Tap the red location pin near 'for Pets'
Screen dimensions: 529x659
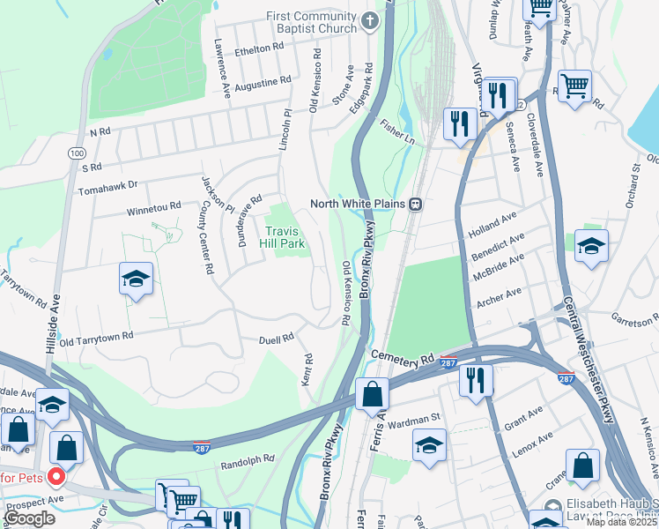(x=57, y=478)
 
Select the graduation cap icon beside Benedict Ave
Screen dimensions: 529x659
(x=591, y=247)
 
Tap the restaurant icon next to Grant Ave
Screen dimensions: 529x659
(x=476, y=381)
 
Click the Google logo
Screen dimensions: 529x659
(x=28, y=518)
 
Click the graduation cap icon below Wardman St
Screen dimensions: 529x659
(x=429, y=445)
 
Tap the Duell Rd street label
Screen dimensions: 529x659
(x=276, y=339)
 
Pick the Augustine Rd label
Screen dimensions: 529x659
(x=263, y=81)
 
